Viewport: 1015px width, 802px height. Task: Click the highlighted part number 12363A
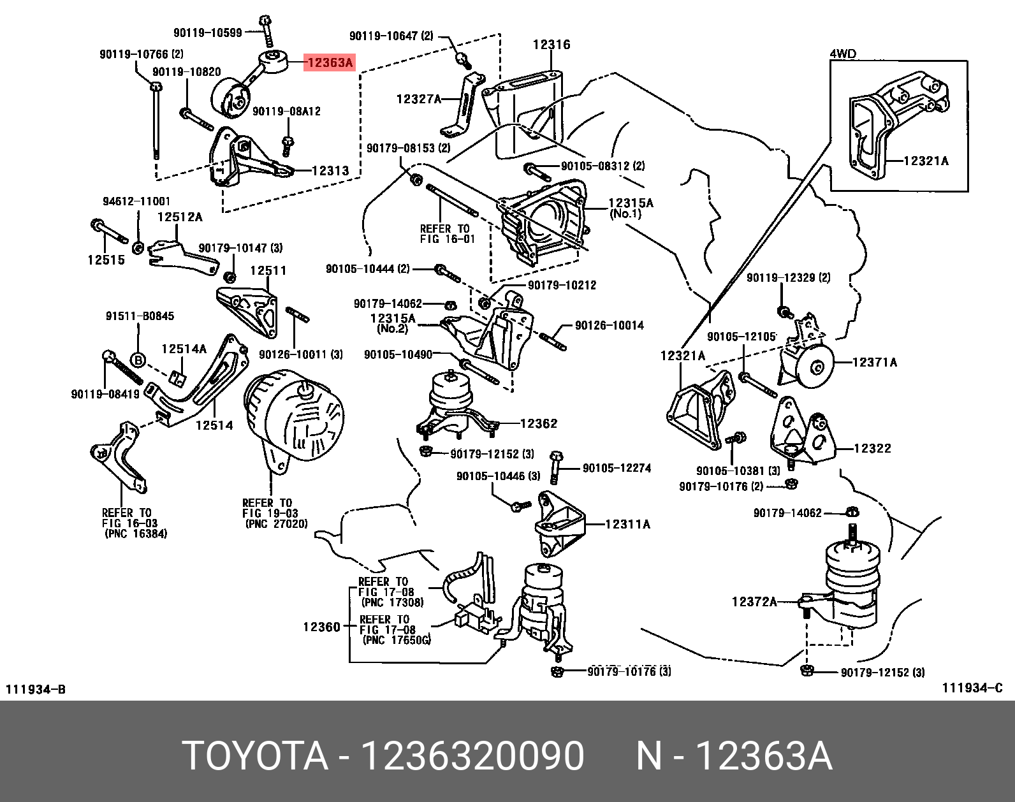click(329, 62)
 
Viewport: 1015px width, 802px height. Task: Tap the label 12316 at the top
click(551, 45)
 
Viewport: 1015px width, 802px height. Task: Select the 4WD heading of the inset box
click(843, 54)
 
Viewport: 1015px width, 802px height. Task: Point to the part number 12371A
click(875, 363)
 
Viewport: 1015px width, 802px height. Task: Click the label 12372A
click(754, 601)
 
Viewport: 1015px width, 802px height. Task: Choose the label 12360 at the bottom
click(321, 627)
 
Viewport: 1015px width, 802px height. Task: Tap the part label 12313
click(330, 171)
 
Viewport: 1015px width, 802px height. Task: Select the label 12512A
click(180, 217)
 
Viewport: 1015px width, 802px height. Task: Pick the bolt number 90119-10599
click(208, 32)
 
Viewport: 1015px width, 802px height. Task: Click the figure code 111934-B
click(36, 689)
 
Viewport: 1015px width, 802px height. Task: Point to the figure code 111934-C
click(972, 687)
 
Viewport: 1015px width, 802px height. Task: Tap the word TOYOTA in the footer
click(255, 757)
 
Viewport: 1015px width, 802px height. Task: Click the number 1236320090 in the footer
click(472, 757)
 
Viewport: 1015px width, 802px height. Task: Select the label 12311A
click(627, 524)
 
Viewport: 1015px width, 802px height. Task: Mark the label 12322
click(872, 448)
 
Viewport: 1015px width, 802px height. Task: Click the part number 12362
click(539, 423)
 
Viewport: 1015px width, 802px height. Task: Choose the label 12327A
click(419, 99)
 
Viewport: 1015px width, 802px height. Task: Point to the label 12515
click(106, 259)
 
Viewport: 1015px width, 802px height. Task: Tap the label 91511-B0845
click(140, 316)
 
